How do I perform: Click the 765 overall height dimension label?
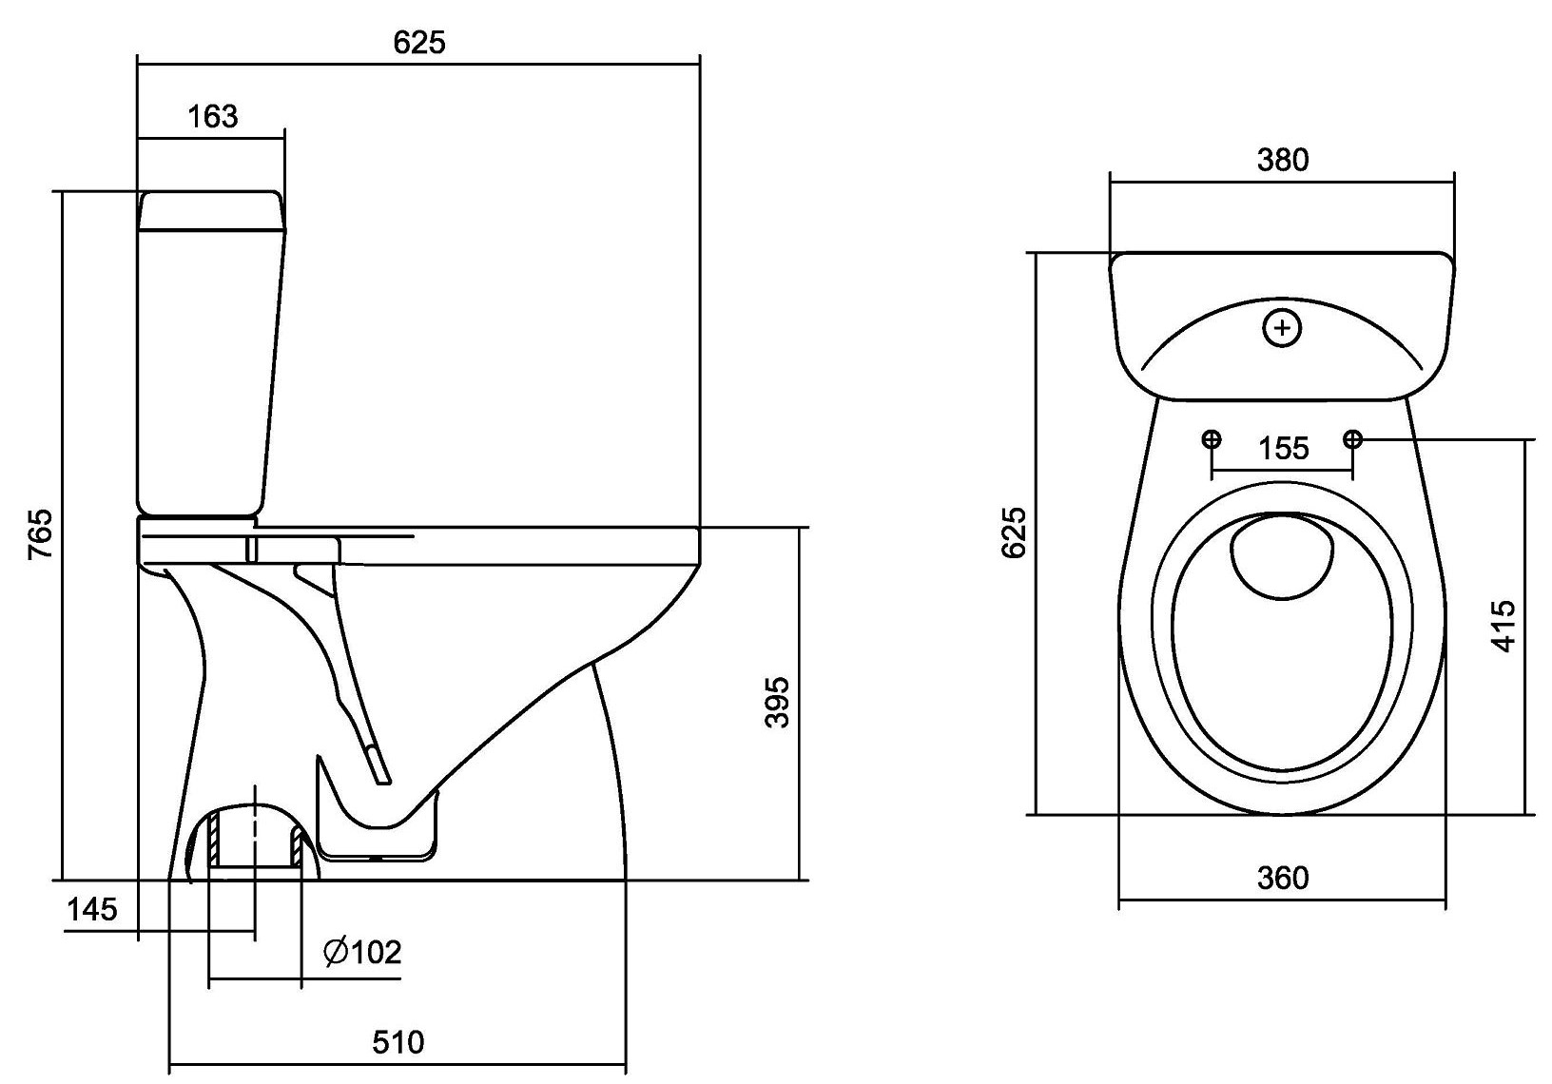[41, 534]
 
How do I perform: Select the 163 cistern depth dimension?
[213, 116]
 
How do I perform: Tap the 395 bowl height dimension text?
[777, 703]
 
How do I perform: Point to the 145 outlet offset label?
[92, 909]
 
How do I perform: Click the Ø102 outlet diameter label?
[362, 953]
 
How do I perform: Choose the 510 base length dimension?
[398, 1042]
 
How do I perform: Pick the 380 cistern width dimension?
[1283, 160]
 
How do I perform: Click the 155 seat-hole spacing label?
[1283, 448]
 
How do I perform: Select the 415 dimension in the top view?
[1503, 627]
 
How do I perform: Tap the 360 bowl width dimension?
[1283, 879]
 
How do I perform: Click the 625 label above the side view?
[419, 43]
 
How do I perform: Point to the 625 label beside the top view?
[1014, 532]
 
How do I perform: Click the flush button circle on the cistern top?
[1282, 328]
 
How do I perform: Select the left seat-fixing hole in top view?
[1212, 438]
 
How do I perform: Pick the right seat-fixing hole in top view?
[1352, 438]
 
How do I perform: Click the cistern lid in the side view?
[212, 210]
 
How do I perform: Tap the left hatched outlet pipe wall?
[214, 839]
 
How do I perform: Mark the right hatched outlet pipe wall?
[296, 846]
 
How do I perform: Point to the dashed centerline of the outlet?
[255, 862]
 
